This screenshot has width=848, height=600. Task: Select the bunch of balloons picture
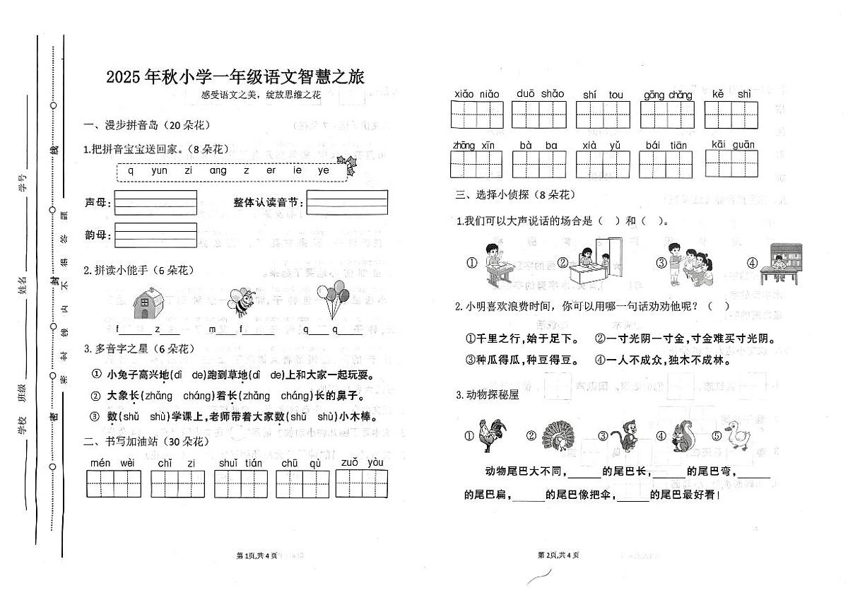click(x=331, y=300)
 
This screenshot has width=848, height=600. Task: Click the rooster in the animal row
click(x=492, y=435)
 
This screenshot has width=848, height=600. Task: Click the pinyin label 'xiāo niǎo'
click(x=476, y=95)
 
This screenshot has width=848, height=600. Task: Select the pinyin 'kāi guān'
click(x=733, y=145)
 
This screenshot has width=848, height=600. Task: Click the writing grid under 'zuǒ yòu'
click(x=361, y=484)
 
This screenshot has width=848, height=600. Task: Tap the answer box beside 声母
click(x=155, y=203)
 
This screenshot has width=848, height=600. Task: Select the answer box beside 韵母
click(x=155, y=235)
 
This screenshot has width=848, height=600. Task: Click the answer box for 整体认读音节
click(x=347, y=203)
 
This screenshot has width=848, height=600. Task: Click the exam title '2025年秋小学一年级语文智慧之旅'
click(x=235, y=76)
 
